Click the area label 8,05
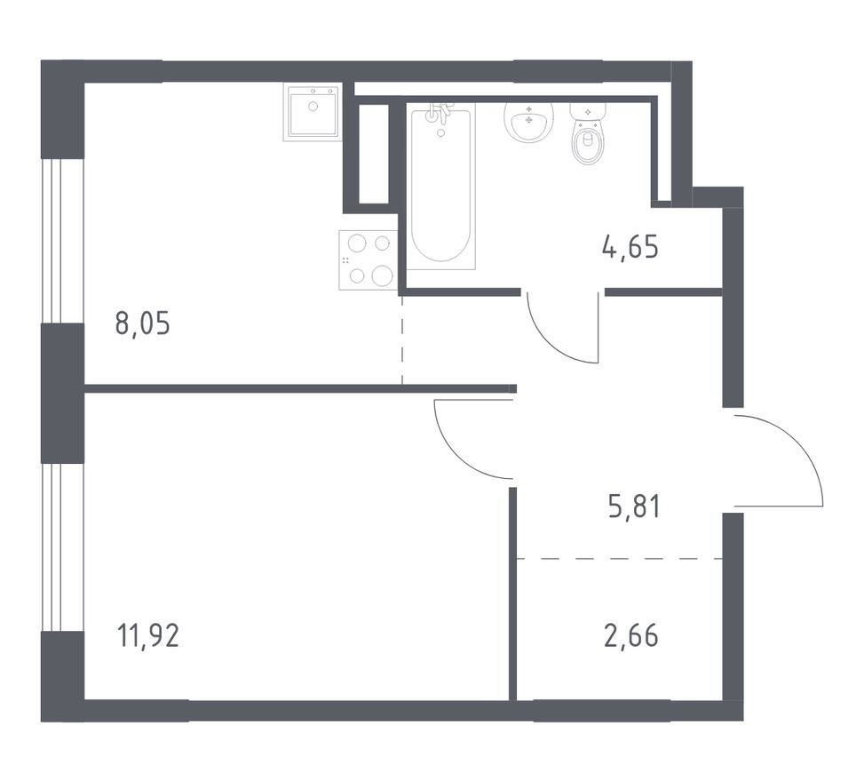pyautogui.click(x=143, y=323)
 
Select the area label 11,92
pyautogui.click(x=147, y=635)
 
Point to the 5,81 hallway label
pyautogui.click(x=634, y=507)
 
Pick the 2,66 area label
pyautogui.click(x=631, y=636)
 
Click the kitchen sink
pyautogui.click(x=313, y=112)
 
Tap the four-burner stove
pyautogui.click(x=369, y=259)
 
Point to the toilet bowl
pyautogui.click(x=587, y=141)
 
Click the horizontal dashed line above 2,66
pyautogui.click(x=619, y=559)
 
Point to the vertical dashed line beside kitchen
pyautogui.click(x=402, y=339)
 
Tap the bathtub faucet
pyautogui.click(x=440, y=113)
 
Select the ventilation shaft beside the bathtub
pyautogui.click(x=374, y=154)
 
